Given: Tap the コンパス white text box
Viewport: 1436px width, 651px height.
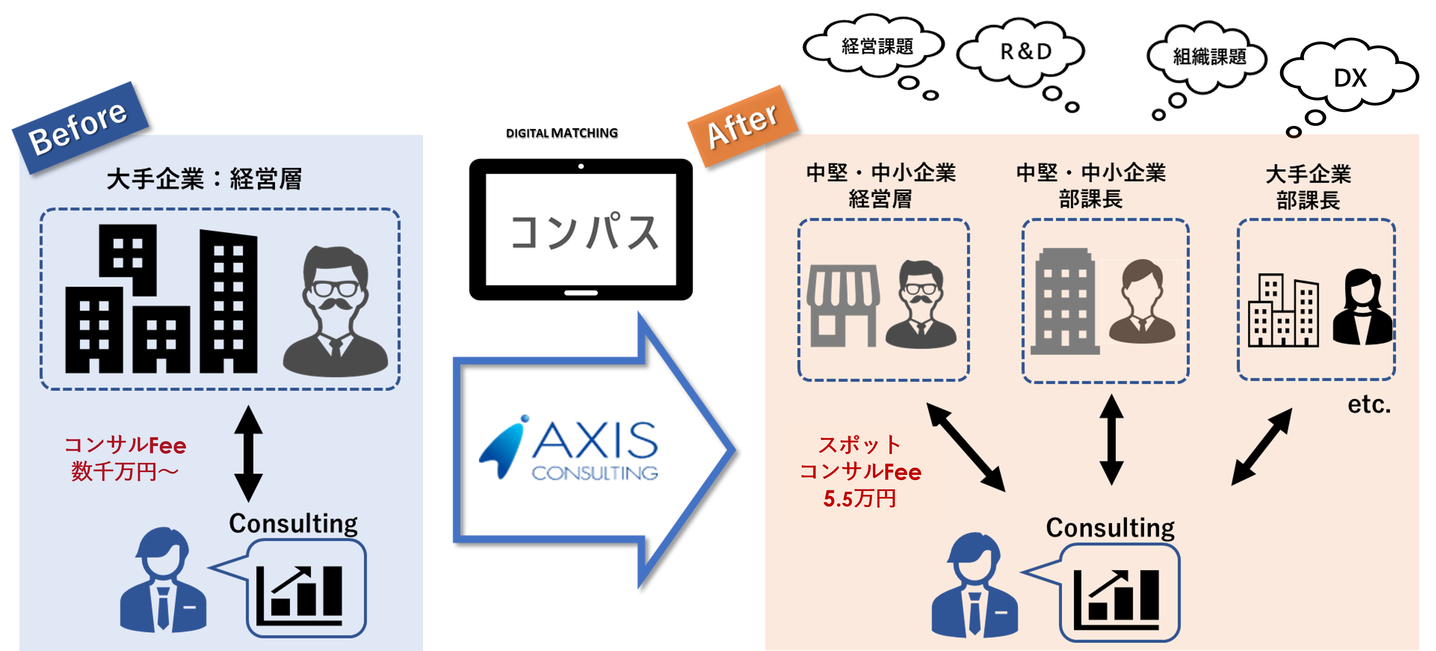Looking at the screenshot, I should coord(579,231).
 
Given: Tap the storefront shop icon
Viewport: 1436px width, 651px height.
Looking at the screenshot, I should coord(843,305).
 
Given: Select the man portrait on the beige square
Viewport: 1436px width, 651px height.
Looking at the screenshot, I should coord(1142,301).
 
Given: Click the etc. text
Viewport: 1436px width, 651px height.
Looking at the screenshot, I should coord(1369,405).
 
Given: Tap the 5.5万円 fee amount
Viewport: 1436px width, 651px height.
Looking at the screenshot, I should coord(859,499).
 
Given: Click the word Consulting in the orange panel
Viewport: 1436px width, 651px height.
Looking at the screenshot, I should coord(1110,528).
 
